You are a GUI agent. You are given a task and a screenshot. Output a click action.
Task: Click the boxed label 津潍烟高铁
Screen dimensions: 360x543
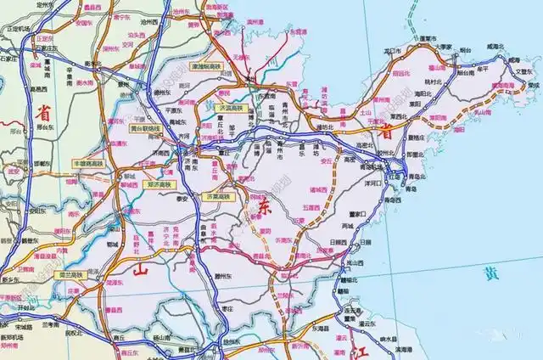(206, 65)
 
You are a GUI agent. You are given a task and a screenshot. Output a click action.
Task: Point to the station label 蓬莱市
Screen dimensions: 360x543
(425, 39)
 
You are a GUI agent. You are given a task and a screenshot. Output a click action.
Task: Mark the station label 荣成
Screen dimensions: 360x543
(532, 85)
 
